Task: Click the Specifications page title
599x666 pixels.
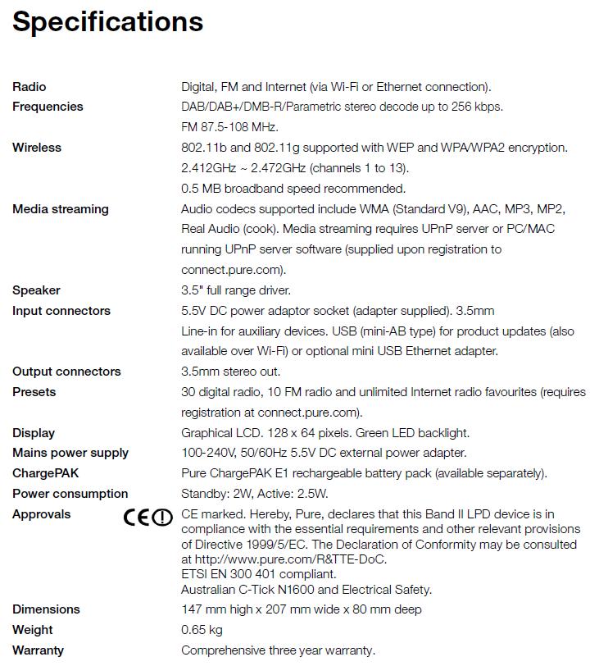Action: point(107,21)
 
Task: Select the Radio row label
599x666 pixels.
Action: point(29,87)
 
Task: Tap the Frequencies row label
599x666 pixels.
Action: point(48,107)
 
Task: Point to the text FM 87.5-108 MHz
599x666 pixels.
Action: point(229,127)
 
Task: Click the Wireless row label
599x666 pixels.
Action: point(37,148)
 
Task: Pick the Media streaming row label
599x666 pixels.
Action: point(60,209)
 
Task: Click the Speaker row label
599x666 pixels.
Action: point(36,290)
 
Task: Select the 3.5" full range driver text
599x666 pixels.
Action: point(236,290)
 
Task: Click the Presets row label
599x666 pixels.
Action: point(34,392)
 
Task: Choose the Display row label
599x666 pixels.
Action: point(34,433)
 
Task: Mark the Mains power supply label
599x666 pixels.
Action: point(70,453)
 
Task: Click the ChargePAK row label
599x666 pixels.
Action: point(46,473)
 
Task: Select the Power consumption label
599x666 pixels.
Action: point(70,494)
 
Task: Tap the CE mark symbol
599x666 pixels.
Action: point(137,518)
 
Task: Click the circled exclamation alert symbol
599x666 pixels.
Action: point(164,518)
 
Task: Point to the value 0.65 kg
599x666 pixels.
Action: point(202,630)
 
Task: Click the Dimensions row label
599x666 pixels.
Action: point(46,609)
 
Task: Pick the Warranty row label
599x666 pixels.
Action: point(38,650)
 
